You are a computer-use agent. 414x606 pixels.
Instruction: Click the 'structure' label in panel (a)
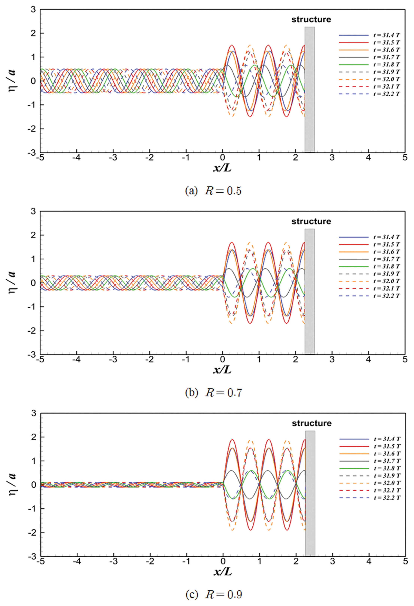[x=311, y=20]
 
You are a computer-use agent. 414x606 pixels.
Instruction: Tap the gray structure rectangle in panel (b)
[x=309, y=291]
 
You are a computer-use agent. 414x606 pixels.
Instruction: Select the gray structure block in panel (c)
[x=310, y=493]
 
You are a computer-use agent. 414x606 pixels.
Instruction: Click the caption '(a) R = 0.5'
[x=213, y=191]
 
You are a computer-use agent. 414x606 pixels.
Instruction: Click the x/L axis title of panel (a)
[x=222, y=168]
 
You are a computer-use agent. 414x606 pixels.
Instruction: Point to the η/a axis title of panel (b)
[x=12, y=283]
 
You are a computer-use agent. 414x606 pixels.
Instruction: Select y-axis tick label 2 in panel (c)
[x=34, y=437]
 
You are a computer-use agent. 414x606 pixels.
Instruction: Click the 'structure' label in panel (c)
[x=312, y=423]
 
